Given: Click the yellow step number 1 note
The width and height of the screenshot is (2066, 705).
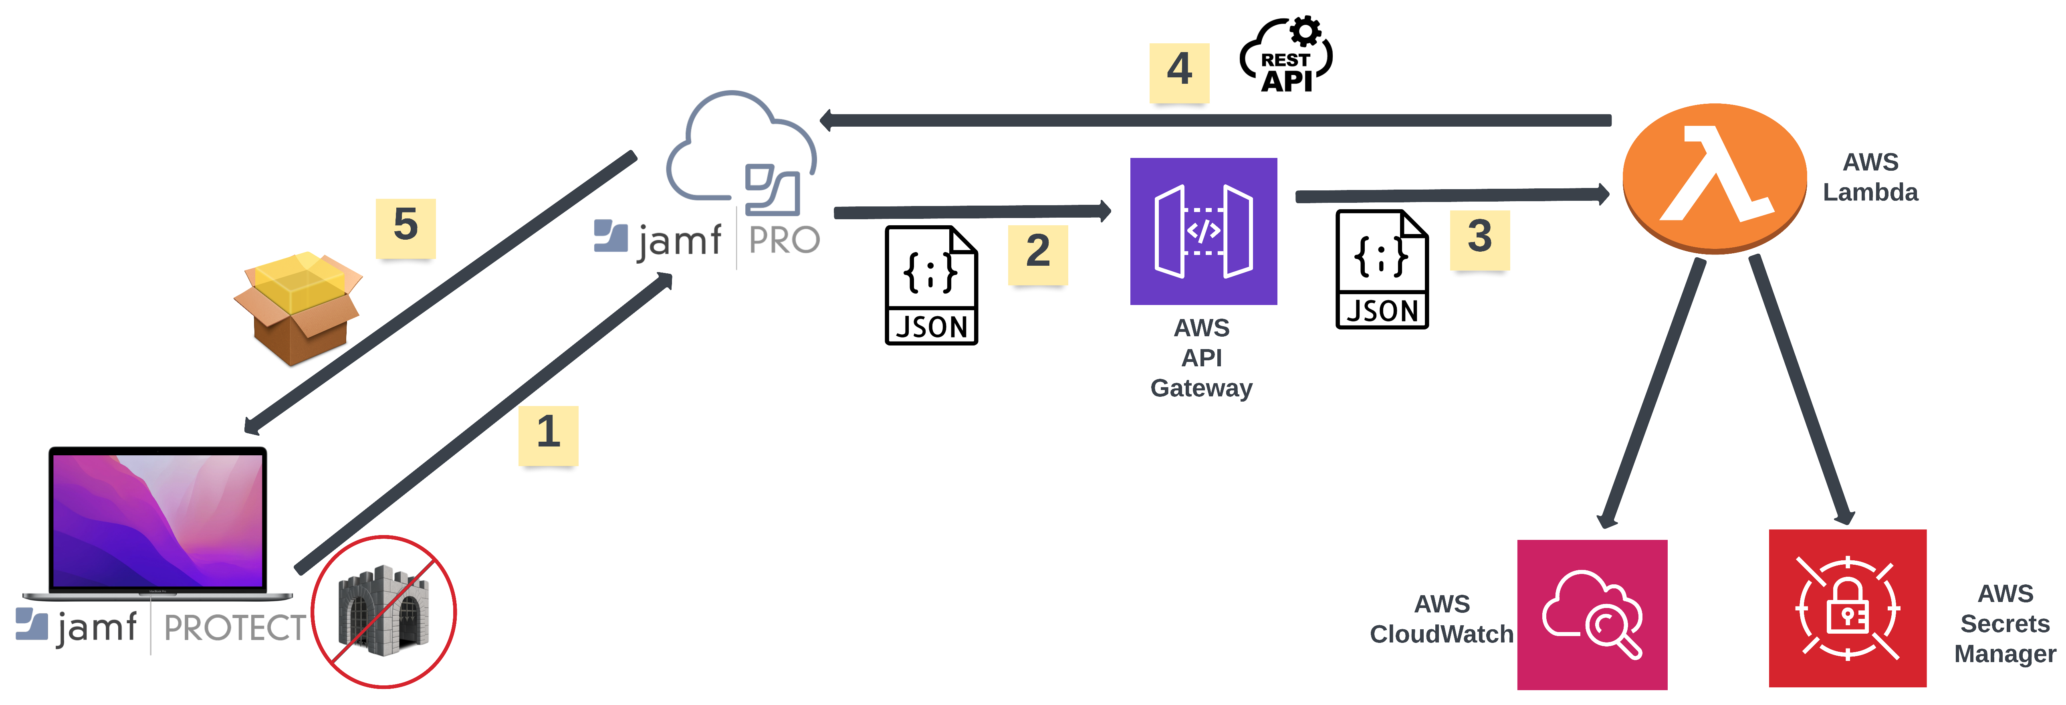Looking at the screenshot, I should [548, 435].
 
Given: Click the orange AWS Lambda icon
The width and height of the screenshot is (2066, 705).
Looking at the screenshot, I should [1714, 178].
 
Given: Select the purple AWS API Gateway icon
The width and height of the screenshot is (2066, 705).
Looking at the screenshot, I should [1203, 231].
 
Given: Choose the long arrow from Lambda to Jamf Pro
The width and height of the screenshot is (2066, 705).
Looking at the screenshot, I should [1215, 120].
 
